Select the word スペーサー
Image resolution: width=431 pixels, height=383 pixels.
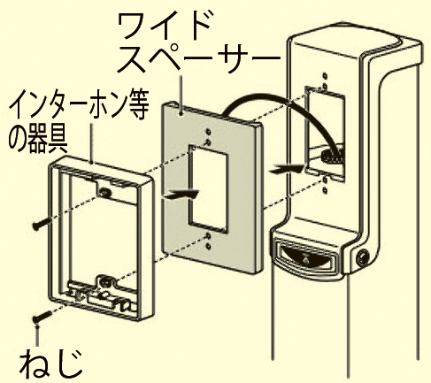[x=198, y=58]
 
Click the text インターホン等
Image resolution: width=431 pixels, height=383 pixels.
[x=79, y=105]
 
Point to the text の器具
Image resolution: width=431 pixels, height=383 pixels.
[x=39, y=139]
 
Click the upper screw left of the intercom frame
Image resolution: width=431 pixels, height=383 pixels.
[x=42, y=224]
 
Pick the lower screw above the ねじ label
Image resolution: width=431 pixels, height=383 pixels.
[x=42, y=317]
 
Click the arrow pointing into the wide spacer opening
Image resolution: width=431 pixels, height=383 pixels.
[x=181, y=195]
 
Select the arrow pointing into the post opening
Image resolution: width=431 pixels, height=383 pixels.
[x=287, y=169]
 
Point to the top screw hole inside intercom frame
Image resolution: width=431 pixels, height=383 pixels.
[x=104, y=193]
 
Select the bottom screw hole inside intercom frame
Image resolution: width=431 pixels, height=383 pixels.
[x=104, y=280]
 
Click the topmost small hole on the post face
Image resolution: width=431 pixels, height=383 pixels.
[x=325, y=76]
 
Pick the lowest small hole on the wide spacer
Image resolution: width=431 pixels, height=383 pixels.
[x=209, y=245]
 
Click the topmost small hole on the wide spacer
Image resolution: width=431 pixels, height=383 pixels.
[x=209, y=131]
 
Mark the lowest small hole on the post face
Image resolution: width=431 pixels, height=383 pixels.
[x=325, y=190]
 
